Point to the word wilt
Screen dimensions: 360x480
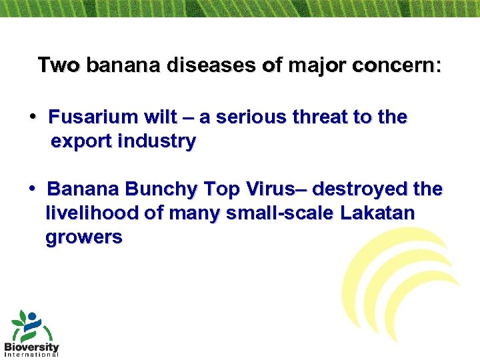(161, 118)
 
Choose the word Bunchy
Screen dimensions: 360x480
(162, 190)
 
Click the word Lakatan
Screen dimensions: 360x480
(377, 214)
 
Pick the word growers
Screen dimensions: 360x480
(83, 238)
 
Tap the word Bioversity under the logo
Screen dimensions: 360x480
(31, 347)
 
